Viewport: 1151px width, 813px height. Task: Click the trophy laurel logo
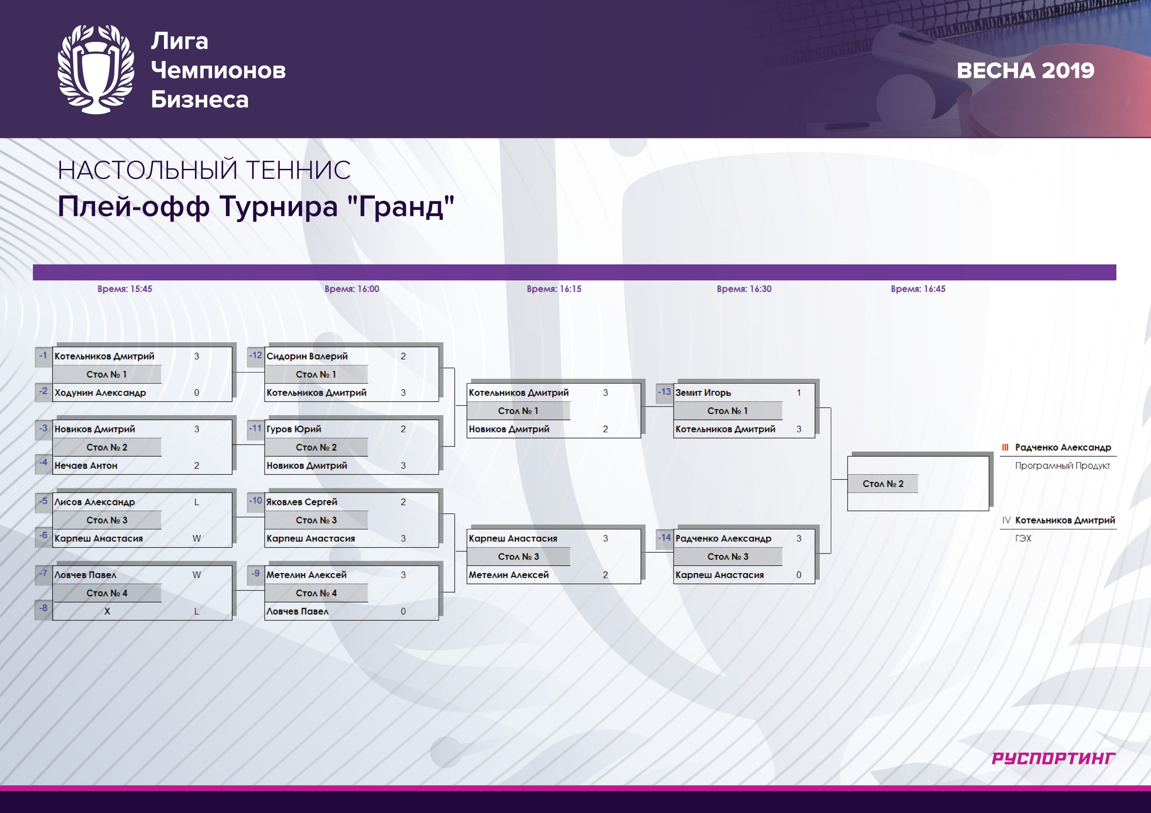(96, 69)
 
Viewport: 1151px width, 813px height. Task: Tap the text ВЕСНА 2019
(1025, 71)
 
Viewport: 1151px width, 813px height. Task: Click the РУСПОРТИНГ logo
(1053, 758)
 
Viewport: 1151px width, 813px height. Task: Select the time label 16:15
(554, 289)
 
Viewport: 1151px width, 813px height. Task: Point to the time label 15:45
(124, 289)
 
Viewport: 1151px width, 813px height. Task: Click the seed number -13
(664, 392)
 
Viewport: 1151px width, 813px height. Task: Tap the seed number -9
(256, 574)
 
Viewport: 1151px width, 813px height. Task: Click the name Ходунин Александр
(100, 393)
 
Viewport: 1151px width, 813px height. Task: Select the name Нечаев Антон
(86, 465)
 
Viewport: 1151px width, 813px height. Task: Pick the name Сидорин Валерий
(307, 356)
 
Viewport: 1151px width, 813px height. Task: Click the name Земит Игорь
(703, 393)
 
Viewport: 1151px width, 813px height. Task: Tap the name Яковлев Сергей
(302, 502)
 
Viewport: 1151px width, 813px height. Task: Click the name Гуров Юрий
(294, 429)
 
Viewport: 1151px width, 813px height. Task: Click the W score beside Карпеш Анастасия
(196, 539)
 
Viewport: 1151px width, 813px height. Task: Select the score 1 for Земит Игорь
(799, 393)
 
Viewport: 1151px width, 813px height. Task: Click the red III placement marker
(1005, 447)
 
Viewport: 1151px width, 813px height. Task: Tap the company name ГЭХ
(1023, 539)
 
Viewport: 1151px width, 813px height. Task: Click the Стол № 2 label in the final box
(883, 484)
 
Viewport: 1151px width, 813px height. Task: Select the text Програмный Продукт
(1062, 466)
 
